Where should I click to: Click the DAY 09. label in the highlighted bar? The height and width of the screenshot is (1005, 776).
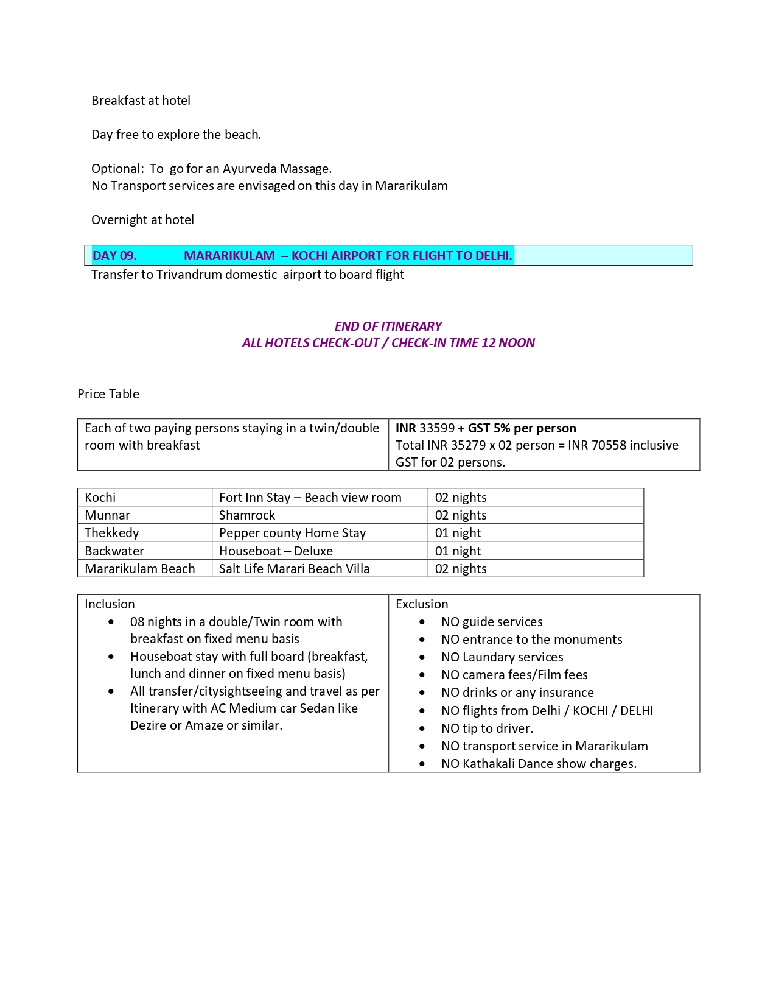[x=114, y=256]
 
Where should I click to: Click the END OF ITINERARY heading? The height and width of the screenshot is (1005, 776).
[x=388, y=326]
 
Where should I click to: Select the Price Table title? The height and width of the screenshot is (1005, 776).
[x=108, y=394]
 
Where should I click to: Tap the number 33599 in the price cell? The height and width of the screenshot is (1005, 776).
[x=437, y=428]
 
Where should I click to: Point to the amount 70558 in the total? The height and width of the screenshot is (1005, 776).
[x=609, y=445]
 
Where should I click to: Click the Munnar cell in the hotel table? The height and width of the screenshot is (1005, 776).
[x=107, y=515]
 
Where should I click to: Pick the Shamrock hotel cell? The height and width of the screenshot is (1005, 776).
[x=247, y=515]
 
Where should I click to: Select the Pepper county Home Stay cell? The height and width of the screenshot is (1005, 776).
[x=292, y=533]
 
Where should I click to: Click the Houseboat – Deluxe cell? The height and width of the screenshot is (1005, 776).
[x=276, y=551]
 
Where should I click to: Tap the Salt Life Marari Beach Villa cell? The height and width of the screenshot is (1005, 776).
[x=294, y=569]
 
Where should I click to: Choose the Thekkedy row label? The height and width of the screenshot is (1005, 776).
[x=112, y=533]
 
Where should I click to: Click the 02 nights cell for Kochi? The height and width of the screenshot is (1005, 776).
[x=461, y=498]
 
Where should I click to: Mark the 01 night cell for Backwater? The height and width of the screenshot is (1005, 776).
[x=458, y=551]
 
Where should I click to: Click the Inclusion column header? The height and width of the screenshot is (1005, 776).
[x=110, y=604]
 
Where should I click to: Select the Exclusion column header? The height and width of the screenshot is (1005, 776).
[x=422, y=604]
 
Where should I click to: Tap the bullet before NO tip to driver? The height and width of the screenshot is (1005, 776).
[x=422, y=728]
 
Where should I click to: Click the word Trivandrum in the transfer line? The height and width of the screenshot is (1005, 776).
[x=189, y=275]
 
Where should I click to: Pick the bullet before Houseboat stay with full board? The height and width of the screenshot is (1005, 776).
[x=111, y=657]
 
